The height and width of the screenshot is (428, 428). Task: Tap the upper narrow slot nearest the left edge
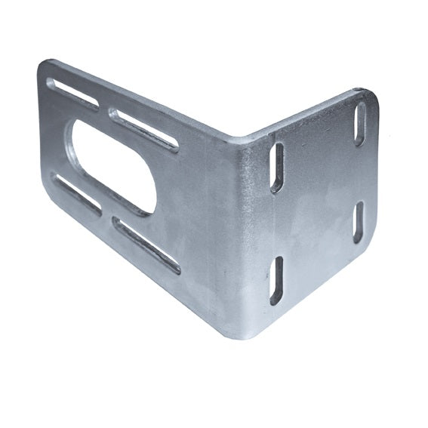pos(73,93)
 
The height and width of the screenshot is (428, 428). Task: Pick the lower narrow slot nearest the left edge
pos(76,193)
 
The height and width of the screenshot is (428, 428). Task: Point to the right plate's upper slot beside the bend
pos(277,167)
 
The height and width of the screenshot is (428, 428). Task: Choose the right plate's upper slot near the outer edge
pos(360,124)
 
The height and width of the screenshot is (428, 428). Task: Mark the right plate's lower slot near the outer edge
pos(359,222)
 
